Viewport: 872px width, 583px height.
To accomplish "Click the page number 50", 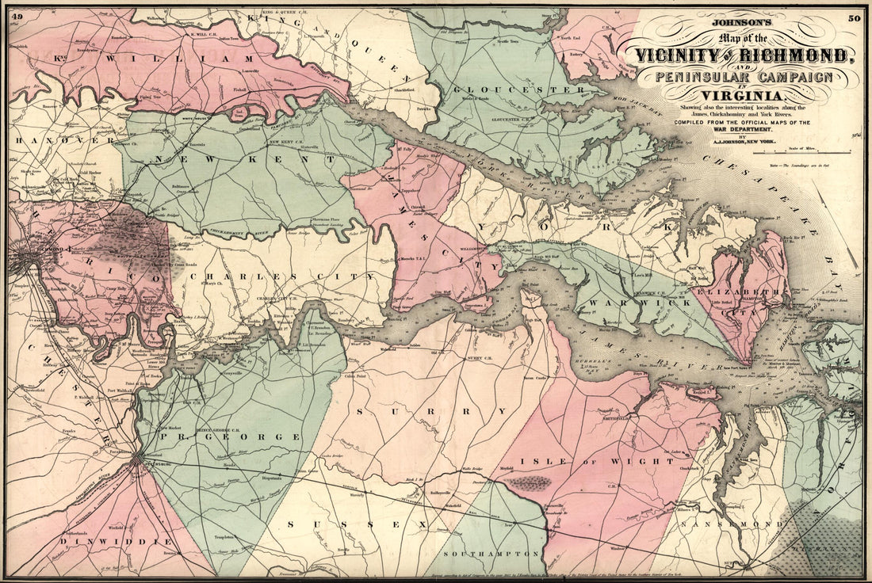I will click(854, 18).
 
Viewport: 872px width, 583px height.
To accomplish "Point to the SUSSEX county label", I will click(356, 524).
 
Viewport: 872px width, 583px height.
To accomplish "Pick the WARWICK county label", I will click(631, 302).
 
